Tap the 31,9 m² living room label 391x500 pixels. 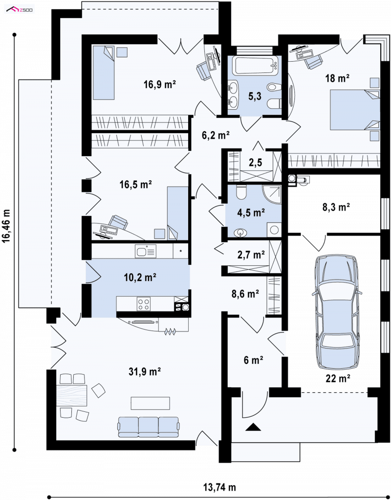click(145, 371)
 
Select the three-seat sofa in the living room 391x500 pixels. click(149, 427)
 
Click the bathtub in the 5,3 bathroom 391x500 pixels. click(255, 66)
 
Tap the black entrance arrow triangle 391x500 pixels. click(253, 427)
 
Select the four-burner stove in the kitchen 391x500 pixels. click(144, 304)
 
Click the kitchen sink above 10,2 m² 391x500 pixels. click(146, 251)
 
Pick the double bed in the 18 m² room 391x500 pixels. click(355, 110)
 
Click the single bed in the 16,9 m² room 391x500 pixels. click(103, 72)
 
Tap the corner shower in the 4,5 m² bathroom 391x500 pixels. click(272, 194)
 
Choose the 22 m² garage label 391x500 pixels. click(338, 379)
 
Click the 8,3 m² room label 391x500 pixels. click(336, 207)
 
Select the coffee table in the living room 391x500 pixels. click(150, 404)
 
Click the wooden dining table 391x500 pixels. click(71, 395)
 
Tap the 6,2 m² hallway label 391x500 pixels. click(216, 135)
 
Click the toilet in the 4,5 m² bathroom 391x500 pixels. click(241, 192)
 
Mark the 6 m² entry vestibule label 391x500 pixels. click(253, 360)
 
